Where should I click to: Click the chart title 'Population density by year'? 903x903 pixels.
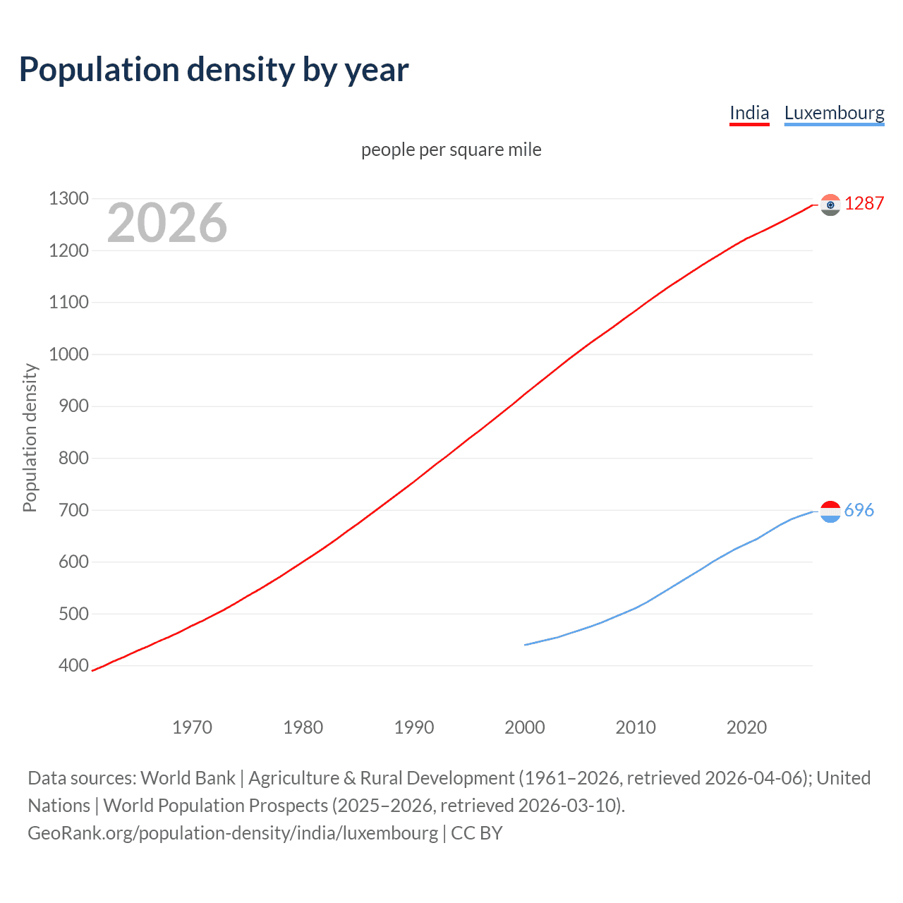coord(213,70)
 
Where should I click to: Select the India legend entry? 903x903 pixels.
coord(749,113)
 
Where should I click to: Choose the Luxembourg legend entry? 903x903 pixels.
coord(834,113)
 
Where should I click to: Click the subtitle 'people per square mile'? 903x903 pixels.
coord(451,150)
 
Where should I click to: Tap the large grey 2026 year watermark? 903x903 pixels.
coord(167,223)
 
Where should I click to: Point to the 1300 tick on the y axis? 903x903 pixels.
coord(68,199)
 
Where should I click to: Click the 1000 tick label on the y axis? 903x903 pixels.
coord(68,354)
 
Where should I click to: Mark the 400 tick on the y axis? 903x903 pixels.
coord(73,665)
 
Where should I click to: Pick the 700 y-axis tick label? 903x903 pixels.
coord(73,510)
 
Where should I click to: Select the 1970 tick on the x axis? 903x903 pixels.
coord(192,727)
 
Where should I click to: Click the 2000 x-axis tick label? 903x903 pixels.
coord(524,727)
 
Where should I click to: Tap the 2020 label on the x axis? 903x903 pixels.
coord(746,727)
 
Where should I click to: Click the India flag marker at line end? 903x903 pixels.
coord(830,205)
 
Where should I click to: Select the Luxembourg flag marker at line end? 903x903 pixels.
coord(830,511)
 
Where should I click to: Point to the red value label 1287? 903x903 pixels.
coord(864,204)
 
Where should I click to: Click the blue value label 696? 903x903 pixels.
coord(859,510)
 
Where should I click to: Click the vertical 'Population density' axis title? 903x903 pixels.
coord(30,437)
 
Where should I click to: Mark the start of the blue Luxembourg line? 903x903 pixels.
coord(526,645)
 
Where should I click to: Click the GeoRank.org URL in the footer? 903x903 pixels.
coord(233,833)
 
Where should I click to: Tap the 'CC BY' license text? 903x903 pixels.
coord(477,833)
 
